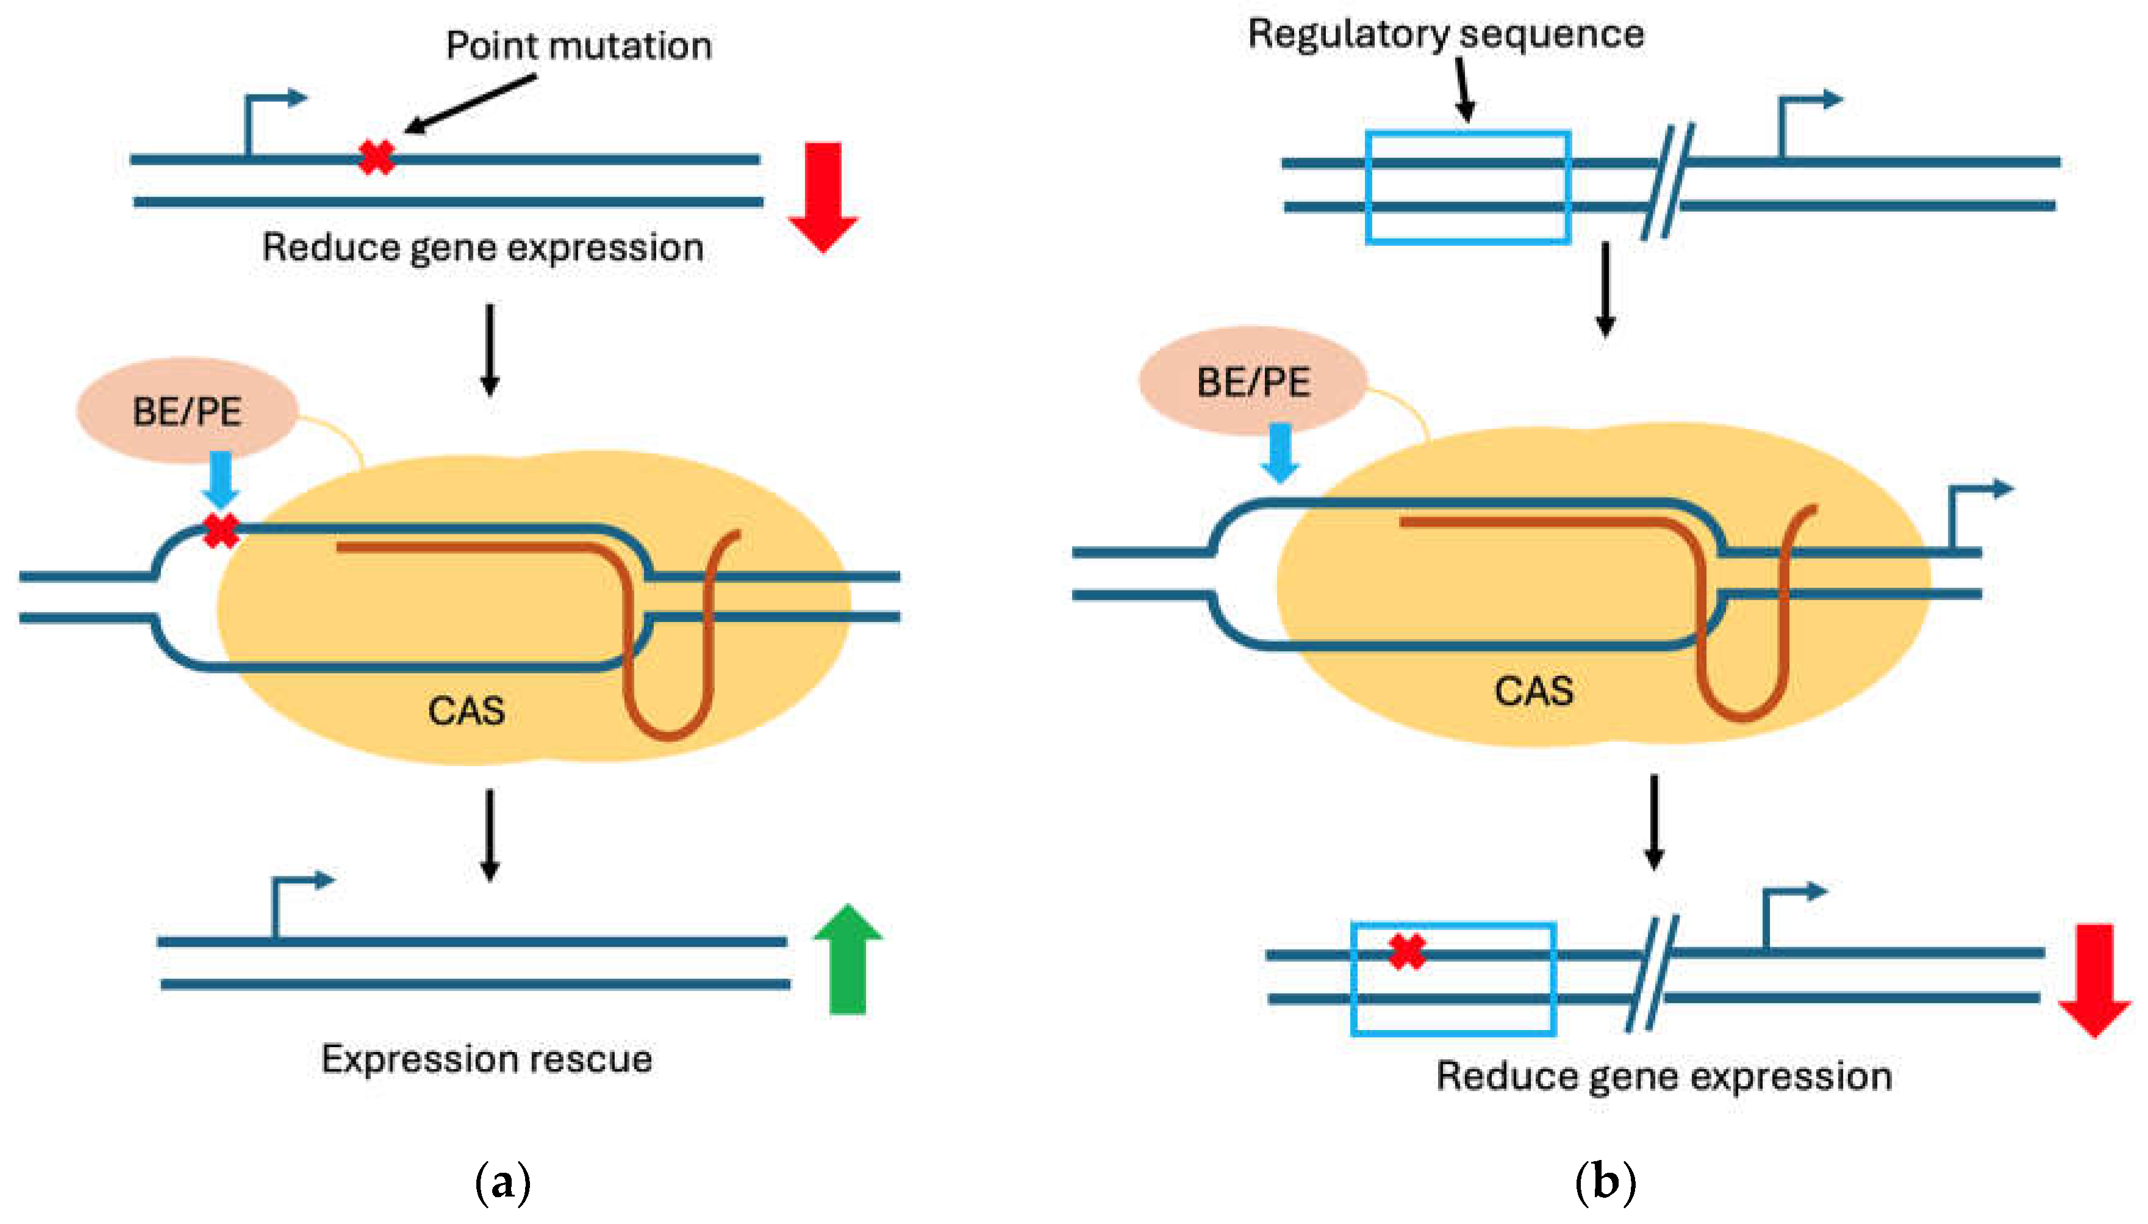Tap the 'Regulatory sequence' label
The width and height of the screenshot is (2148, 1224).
tap(1445, 35)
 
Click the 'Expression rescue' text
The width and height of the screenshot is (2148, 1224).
tap(487, 1058)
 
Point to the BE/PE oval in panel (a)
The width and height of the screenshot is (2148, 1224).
tap(187, 411)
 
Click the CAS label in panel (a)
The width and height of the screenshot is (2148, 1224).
tap(466, 711)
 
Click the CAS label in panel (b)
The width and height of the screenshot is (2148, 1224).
tap(1533, 691)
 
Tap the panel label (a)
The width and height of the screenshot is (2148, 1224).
tap(503, 1182)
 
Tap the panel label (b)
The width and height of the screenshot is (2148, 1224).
tap(1605, 1182)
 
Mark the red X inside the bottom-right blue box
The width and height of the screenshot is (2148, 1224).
tap(1406, 951)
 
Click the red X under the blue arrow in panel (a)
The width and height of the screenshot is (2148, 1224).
tap(221, 531)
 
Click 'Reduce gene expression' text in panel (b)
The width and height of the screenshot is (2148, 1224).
tap(1664, 1076)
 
